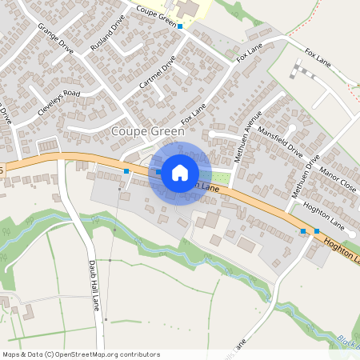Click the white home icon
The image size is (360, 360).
coord(179,172)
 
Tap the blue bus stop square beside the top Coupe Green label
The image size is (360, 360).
coord(180,26)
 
